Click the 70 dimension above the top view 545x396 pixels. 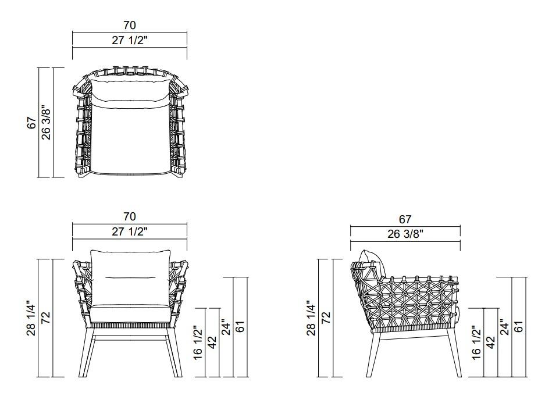130,25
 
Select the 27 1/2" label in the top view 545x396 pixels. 130,40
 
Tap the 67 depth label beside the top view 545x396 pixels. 32,123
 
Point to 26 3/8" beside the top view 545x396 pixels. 46,123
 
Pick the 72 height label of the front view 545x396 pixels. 46,318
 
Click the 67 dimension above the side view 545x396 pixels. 405,219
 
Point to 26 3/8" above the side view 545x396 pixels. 405,234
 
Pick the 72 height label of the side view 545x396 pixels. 326,318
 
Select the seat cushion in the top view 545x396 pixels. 130,140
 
